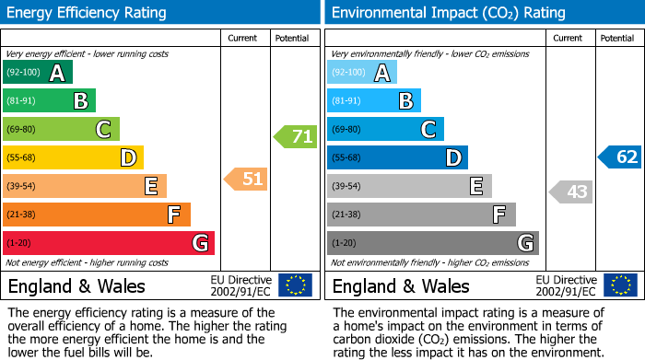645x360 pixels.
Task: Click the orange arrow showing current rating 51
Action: [246, 179]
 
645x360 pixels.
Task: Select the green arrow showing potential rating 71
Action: [295, 137]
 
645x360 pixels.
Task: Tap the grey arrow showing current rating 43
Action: [570, 192]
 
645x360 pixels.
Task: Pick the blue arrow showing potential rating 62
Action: [620, 157]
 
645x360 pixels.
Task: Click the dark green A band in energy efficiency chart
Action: [38, 73]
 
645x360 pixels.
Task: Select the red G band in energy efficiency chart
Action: [109, 243]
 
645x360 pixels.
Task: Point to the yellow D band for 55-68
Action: [74, 157]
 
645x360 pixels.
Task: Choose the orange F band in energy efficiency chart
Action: [97, 215]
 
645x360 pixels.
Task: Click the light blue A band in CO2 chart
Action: [362, 73]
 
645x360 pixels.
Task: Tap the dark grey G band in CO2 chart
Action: [433, 243]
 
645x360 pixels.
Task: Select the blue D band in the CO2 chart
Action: [397, 157]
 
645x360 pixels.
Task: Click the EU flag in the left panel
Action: [295, 285]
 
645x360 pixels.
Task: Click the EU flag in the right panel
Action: [620, 285]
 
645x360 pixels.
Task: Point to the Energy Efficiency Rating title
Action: [88, 13]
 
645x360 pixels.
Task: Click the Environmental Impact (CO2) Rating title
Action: [448, 13]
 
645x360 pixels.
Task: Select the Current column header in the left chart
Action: [242, 38]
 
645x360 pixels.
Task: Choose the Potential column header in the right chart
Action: [616, 38]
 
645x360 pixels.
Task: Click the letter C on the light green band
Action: [105, 130]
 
